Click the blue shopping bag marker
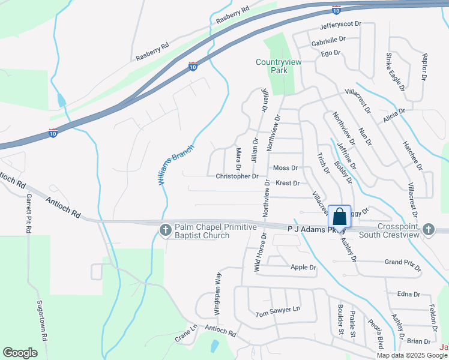[x=339, y=217]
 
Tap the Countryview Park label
[x=279, y=66]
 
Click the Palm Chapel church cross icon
[x=166, y=230]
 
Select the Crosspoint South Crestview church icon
[x=429, y=229]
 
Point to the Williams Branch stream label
[x=177, y=164]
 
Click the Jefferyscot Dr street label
[x=341, y=25]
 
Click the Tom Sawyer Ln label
[x=277, y=313]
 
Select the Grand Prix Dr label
[x=402, y=262]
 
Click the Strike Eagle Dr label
[x=394, y=71]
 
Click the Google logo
[x=20, y=353]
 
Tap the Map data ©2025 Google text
[x=411, y=355]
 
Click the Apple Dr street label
[x=303, y=267]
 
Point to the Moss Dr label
[x=285, y=169]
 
